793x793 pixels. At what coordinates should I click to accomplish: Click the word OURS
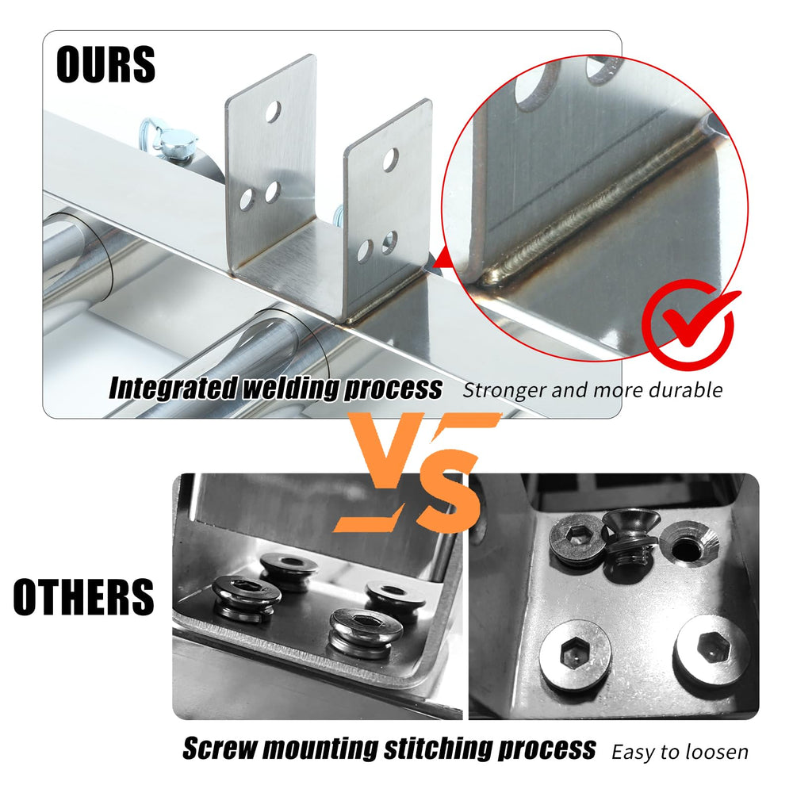(x=105, y=63)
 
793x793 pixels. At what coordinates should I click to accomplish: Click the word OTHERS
(x=83, y=597)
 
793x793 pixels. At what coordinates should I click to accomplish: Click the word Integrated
(x=173, y=389)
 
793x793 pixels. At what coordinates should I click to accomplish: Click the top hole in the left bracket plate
(x=273, y=112)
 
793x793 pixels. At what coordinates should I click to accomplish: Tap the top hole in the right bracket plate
(x=390, y=159)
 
